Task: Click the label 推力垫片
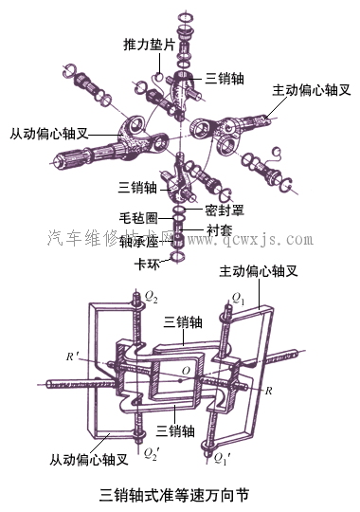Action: (x=149, y=45)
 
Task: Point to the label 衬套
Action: (x=219, y=229)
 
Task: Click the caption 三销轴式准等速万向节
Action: (x=179, y=494)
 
